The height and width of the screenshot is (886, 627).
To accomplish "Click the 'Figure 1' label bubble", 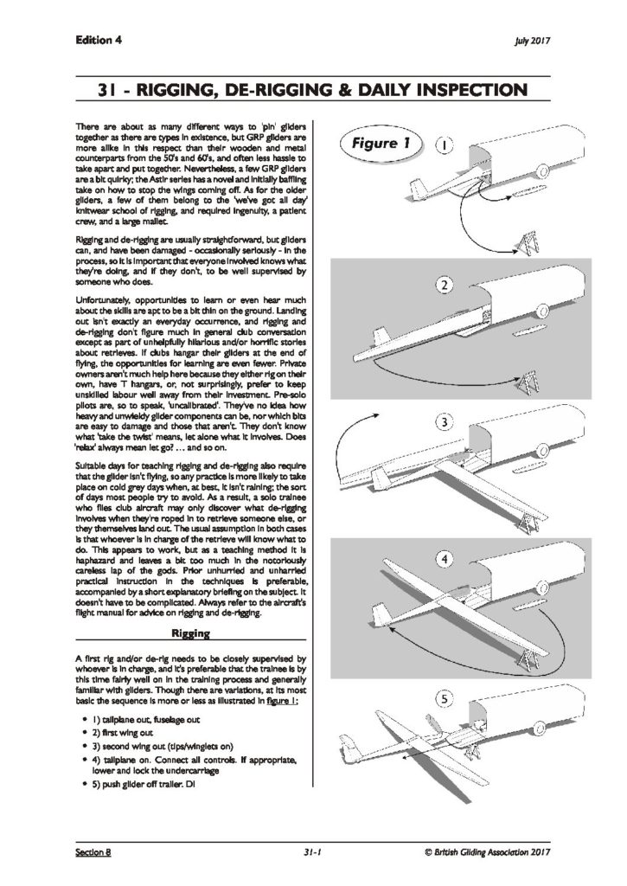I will pos(381,144).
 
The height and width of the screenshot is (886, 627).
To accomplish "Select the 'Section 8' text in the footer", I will pos(93,851).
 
